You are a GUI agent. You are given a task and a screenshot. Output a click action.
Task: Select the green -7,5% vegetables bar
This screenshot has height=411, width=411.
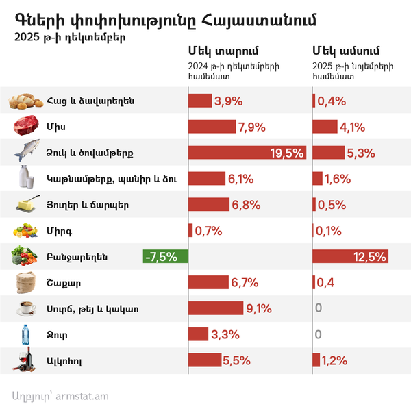tap(161, 257)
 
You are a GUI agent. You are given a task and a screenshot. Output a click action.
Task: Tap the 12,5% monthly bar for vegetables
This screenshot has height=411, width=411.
tap(350, 257)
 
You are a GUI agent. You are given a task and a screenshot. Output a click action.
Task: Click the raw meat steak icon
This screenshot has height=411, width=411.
tap(25, 127)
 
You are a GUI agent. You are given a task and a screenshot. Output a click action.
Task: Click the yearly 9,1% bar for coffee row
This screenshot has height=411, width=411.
tap(215, 308)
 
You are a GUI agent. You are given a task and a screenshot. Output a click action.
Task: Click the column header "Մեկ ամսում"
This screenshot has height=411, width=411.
tap(346, 51)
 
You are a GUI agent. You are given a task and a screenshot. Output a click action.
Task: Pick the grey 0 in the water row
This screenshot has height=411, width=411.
tap(318, 334)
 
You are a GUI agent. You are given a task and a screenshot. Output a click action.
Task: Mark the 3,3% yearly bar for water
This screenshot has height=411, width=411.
tap(198, 334)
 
